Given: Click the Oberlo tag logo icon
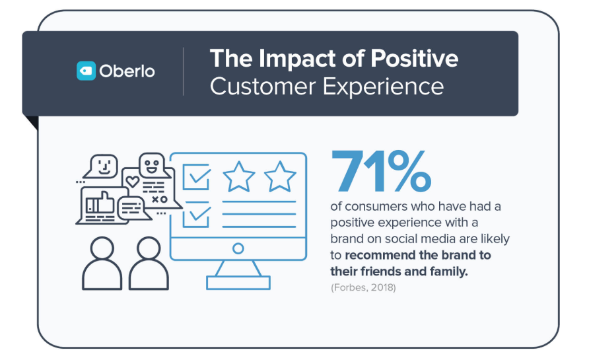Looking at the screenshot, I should pos(87,71).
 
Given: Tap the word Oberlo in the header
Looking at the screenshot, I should pos(127,71).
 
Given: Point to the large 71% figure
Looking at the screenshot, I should pos(380,170).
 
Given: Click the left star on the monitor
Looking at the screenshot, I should pos(239,177).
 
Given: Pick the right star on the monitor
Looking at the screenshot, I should pos(280,177).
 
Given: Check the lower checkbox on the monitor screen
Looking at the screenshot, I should pos(197,215).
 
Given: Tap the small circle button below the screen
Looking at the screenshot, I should pos(238,248).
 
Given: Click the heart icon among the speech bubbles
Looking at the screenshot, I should pos(132,181).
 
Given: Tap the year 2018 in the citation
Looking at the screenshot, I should pos(382,288).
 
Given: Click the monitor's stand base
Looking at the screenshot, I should pos(238,282).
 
